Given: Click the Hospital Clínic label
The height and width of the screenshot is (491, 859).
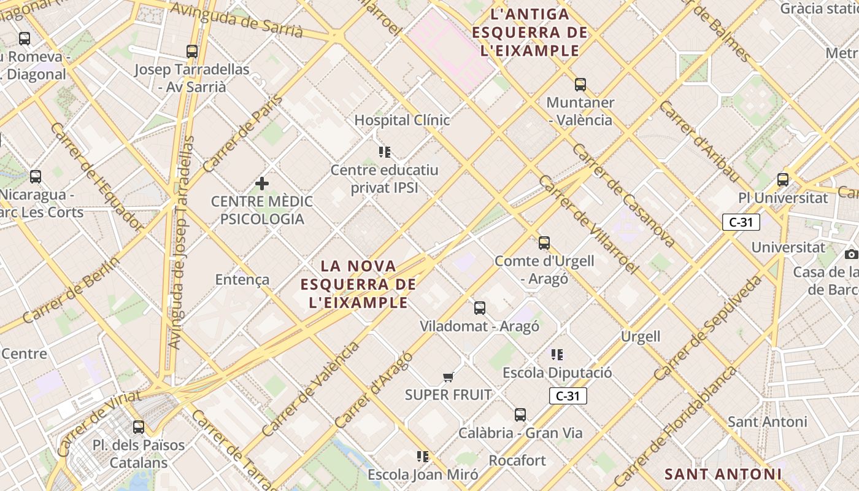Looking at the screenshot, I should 402,120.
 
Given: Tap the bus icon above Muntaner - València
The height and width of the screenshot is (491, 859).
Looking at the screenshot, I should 580,85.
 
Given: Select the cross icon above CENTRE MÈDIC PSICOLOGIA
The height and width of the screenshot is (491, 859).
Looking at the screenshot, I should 262,184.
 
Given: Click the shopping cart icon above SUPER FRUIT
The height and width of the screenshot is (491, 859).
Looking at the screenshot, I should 448,377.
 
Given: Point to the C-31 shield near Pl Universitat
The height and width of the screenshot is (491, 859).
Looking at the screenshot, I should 741,222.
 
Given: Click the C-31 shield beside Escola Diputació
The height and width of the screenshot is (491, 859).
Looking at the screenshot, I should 568,396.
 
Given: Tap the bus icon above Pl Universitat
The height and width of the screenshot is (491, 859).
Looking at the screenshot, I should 782,180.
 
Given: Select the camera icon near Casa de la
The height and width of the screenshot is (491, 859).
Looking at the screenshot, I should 850,254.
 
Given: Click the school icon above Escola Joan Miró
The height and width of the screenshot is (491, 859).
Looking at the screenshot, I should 422,456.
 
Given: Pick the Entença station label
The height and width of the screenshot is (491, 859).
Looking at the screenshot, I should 242,280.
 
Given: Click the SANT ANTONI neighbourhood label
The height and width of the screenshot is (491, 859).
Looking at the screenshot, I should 723,474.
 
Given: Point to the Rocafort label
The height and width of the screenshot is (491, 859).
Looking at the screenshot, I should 517,460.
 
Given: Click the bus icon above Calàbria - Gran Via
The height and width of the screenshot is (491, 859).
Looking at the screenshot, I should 520,415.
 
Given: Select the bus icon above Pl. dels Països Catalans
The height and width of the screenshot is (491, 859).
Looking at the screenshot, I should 139,427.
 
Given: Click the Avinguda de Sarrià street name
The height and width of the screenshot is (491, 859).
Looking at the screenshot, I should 237,19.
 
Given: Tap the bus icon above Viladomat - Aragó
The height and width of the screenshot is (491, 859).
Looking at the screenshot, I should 479,308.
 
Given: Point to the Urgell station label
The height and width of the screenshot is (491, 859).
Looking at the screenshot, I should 641,336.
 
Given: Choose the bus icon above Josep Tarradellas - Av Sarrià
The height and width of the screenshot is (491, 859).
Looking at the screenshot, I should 192,52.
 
